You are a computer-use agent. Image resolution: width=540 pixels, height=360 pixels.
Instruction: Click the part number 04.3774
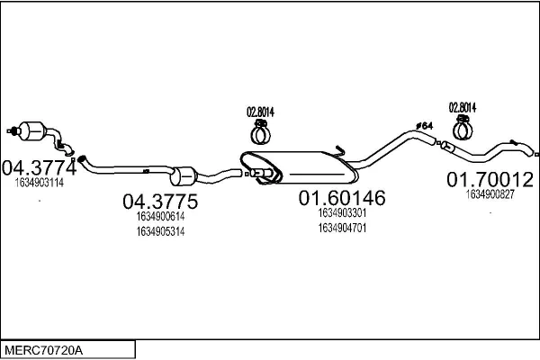tap(40, 167)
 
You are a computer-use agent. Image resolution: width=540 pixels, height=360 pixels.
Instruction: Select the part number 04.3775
tap(160, 202)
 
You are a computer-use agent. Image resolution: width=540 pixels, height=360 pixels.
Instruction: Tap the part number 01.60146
tap(342, 198)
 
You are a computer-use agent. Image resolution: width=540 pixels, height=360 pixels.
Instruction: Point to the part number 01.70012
tap(490, 179)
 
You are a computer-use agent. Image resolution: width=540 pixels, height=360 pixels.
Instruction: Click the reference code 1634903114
tap(40, 183)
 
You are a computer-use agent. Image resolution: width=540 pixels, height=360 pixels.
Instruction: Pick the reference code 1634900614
tap(160, 216)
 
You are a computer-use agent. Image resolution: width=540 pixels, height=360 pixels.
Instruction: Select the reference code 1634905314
tap(160, 231)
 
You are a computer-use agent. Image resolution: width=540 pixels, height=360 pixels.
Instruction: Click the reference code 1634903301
tap(342, 213)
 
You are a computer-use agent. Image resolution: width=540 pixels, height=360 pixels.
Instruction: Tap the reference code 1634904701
tap(342, 228)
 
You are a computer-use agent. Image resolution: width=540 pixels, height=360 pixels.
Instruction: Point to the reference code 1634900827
tap(490, 194)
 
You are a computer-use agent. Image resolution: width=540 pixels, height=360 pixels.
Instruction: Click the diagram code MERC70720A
tap(44, 350)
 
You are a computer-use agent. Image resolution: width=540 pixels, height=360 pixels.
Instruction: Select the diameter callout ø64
tap(424, 126)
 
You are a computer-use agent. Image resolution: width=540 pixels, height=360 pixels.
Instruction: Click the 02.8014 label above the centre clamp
tap(260, 112)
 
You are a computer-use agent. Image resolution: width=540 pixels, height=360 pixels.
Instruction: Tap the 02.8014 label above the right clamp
tap(463, 107)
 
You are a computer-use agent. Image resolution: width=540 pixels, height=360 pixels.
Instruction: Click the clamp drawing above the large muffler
tap(261, 132)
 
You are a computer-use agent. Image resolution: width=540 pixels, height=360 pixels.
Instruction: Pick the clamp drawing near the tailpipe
tap(463, 128)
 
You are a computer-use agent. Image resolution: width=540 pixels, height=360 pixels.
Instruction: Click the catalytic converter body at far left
tap(32, 130)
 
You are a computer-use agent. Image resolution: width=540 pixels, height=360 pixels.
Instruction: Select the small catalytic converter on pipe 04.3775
tap(183, 176)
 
